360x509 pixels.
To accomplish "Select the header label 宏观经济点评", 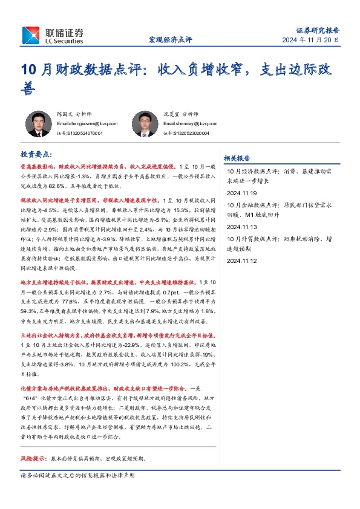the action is (x=170, y=40).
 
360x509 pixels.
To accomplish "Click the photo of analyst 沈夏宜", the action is (x=145, y=124).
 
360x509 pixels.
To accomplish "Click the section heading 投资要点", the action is (x=36, y=155).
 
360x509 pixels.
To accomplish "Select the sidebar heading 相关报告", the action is (x=237, y=158).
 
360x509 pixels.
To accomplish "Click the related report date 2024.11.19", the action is (x=241, y=193).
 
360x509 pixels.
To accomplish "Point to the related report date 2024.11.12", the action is (x=241, y=261).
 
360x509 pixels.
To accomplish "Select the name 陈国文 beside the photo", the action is (x=64, y=114).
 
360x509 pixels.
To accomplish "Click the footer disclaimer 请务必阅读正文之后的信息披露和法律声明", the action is (x=78, y=476).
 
